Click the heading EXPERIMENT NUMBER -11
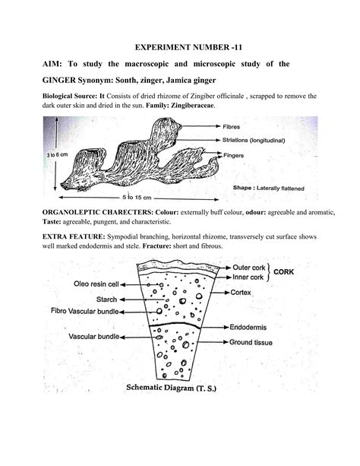[x=180, y=46]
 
